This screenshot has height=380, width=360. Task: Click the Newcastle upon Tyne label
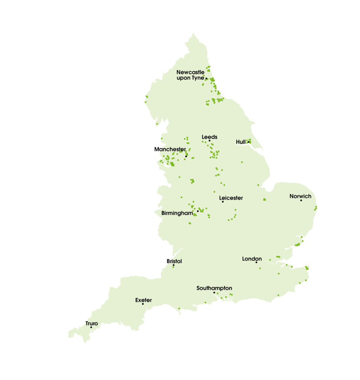pyautogui.click(x=190, y=75)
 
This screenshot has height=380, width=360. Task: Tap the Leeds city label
pyautogui.click(x=209, y=137)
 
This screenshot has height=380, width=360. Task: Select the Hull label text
pyautogui.click(x=240, y=142)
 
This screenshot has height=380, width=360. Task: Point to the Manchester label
pyautogui.click(x=170, y=149)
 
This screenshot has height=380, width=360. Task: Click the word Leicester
pyautogui.click(x=231, y=198)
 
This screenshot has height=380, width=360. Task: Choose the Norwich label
pyautogui.click(x=300, y=196)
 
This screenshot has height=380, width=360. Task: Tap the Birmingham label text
pyautogui.click(x=177, y=213)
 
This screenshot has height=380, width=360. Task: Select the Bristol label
pyautogui.click(x=174, y=261)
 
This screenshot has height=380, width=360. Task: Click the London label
pyautogui.click(x=252, y=259)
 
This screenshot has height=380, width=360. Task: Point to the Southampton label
pyautogui.click(x=214, y=288)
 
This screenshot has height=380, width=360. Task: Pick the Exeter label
pyautogui.click(x=143, y=300)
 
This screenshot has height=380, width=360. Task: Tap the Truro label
pyautogui.click(x=92, y=323)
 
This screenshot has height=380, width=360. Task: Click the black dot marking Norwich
pyautogui.click(x=301, y=200)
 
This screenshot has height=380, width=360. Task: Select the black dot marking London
pyautogui.click(x=256, y=262)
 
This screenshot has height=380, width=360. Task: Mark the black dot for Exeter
pyautogui.click(x=143, y=304)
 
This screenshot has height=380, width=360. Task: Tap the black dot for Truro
pyautogui.click(x=91, y=327)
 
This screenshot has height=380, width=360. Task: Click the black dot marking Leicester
pyautogui.click(x=223, y=202)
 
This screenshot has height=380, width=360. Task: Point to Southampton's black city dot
pyautogui.click(x=214, y=292)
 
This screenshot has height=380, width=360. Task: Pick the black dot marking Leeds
pyautogui.click(x=209, y=141)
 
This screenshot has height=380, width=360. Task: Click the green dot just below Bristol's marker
pyautogui.click(x=173, y=268)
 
